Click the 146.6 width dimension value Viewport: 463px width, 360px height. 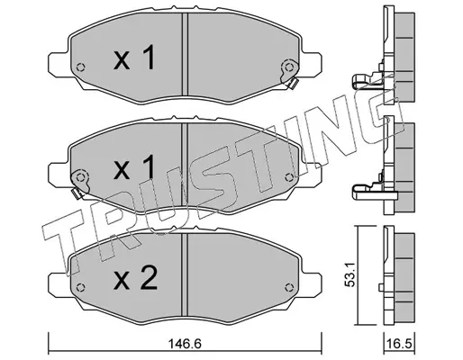(185, 344)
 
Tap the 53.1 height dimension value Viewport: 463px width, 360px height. (350, 274)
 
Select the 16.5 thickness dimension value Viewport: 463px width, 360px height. (399, 344)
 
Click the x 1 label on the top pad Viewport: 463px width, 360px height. (134, 58)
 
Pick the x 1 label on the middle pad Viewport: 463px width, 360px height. (134, 167)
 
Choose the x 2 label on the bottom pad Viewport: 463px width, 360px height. (135, 278)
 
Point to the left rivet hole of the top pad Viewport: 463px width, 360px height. (80, 67)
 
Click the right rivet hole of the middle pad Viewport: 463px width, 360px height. (289, 177)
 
